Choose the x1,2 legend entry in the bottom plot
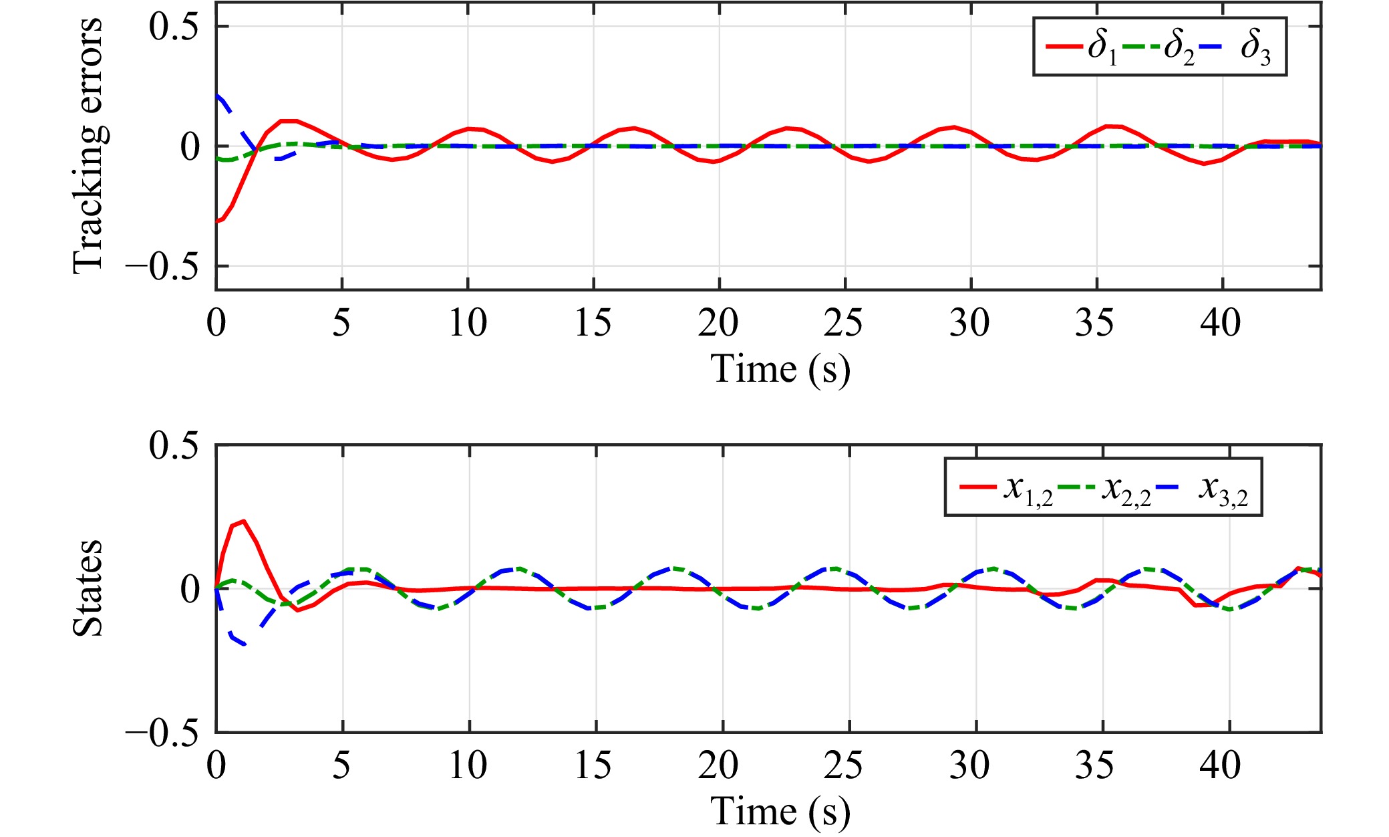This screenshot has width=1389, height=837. pyautogui.click(x=1006, y=488)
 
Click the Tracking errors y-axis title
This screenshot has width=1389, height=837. pyautogui.click(x=88, y=146)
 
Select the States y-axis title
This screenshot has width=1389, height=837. pyautogui.click(x=88, y=588)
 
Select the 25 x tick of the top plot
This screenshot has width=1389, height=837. pyautogui.click(x=844, y=323)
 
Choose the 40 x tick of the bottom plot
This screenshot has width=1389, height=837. pyautogui.click(x=1221, y=765)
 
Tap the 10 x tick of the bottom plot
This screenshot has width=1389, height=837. pyautogui.click(x=468, y=765)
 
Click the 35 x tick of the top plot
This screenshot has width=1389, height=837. pyautogui.click(x=1095, y=323)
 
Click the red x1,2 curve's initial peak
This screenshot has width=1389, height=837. pyautogui.click(x=244, y=521)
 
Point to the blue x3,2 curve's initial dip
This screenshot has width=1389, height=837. pyautogui.click(x=244, y=644)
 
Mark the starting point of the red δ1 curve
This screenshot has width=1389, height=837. pyautogui.click(x=217, y=221)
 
